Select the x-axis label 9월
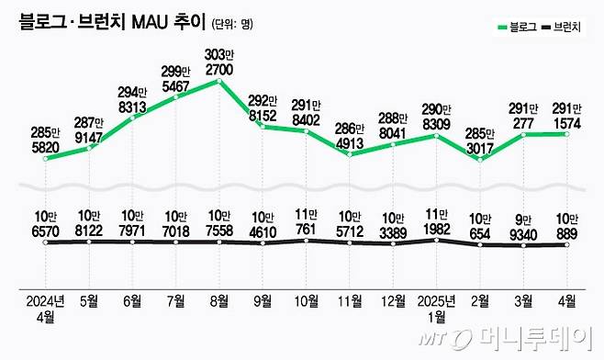(263, 299)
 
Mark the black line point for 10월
(308, 242)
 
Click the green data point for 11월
(351, 153)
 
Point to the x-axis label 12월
(394, 299)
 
